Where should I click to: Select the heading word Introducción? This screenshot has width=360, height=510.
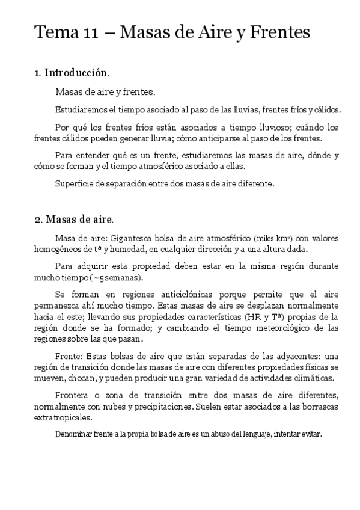click(x=76, y=73)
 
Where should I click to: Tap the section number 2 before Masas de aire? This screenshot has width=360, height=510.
click(x=37, y=220)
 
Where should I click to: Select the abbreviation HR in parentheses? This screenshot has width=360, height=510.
click(x=252, y=316)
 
